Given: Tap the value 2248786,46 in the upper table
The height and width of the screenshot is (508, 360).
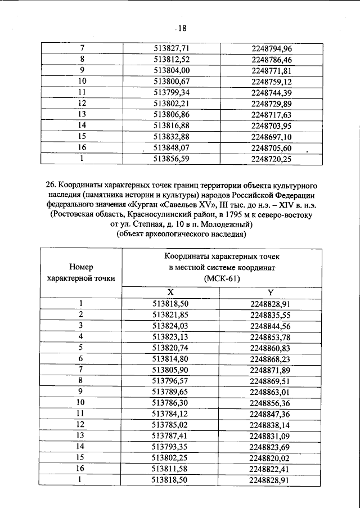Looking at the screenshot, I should click(272, 59).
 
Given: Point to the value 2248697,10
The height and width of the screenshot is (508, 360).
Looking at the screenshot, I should click(272, 137).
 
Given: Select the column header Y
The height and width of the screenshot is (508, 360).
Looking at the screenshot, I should click(271, 293).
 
